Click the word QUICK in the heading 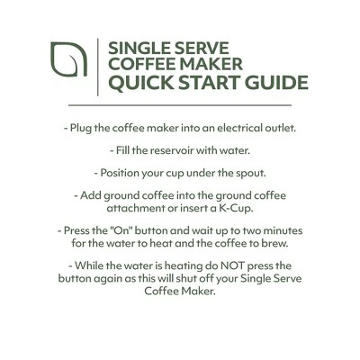tap(134, 84)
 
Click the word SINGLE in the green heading tap(136, 45)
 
